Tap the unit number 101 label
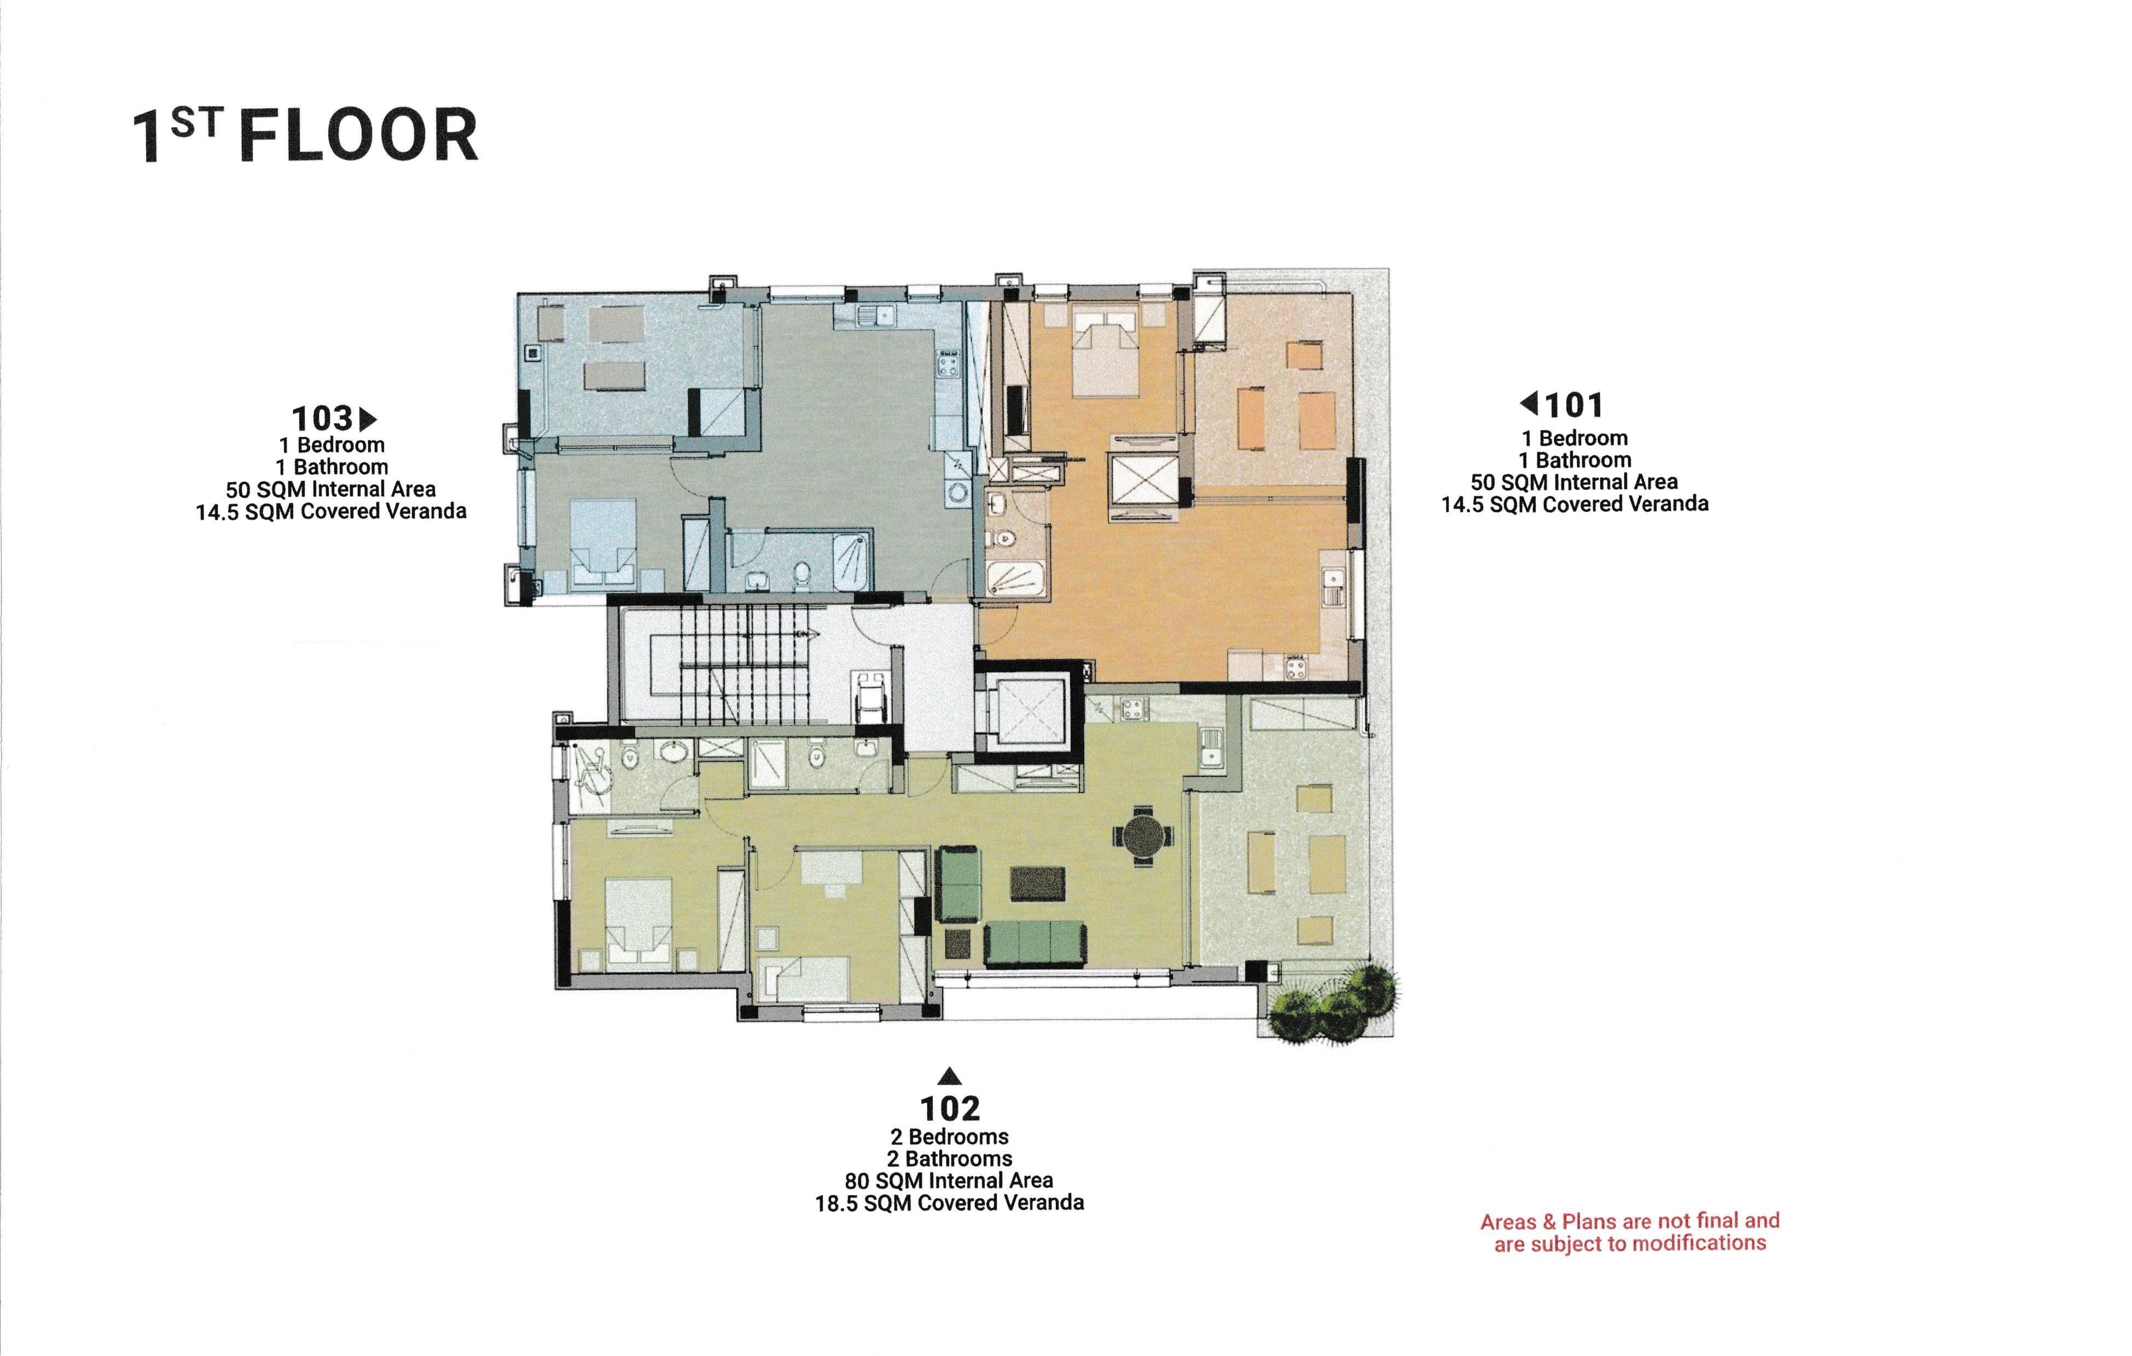[1573, 405]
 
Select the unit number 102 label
[949, 1108]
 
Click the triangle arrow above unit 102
[949, 1076]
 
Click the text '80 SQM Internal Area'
[948, 1181]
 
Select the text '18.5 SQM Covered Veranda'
[949, 1203]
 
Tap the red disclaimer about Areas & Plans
[1629, 1232]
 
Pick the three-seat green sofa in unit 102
[1034, 942]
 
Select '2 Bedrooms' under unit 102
[949, 1137]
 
